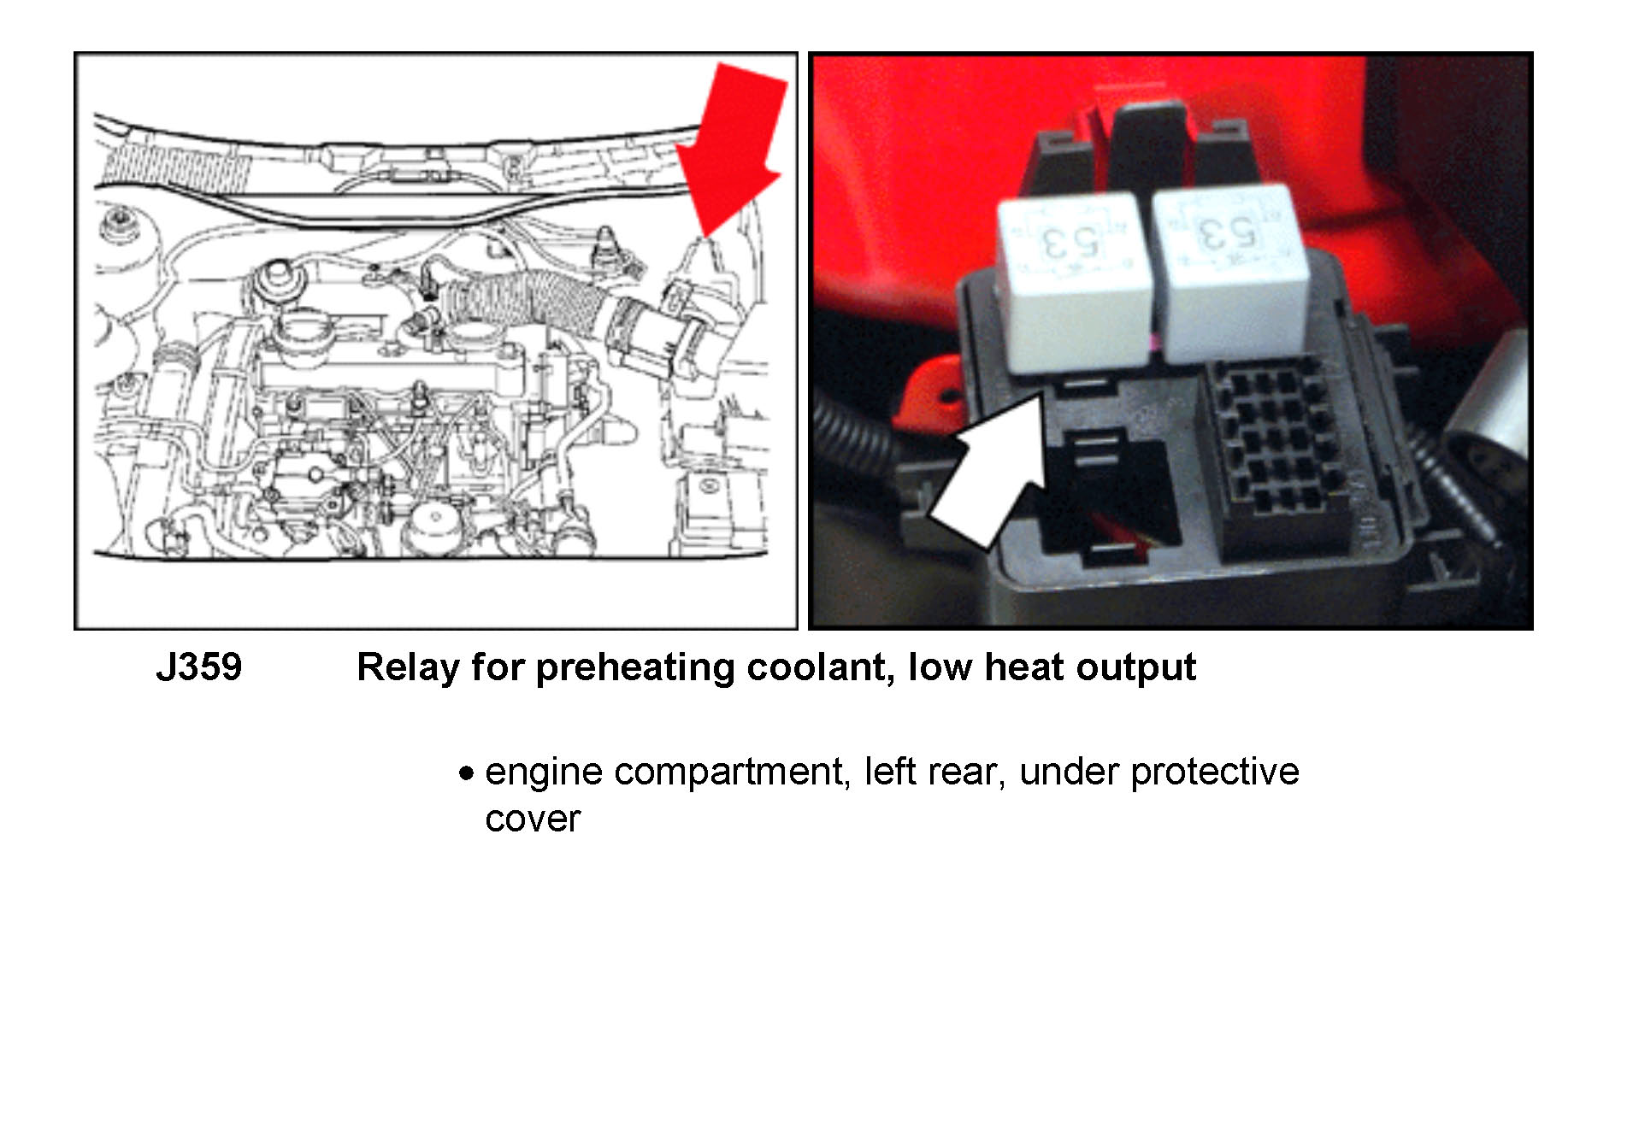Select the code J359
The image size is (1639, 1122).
click(199, 667)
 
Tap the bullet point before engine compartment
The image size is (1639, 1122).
click(466, 774)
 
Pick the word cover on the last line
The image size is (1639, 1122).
click(533, 819)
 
